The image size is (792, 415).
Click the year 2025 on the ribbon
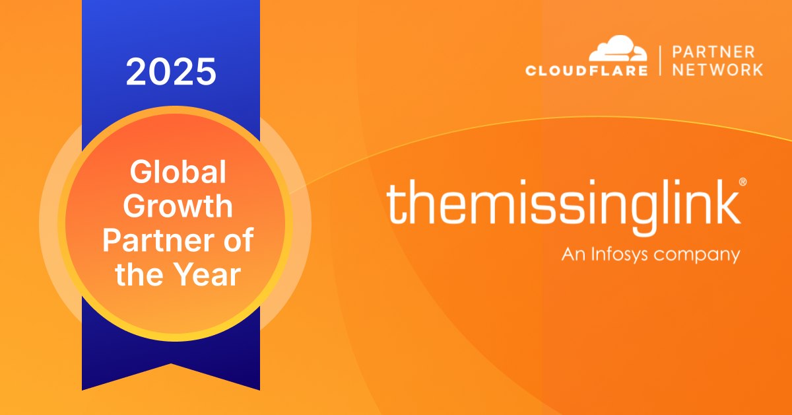coord(171,71)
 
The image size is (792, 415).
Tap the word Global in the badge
coord(178,172)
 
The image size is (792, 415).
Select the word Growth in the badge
coord(178,206)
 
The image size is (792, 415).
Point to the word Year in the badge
coord(208,274)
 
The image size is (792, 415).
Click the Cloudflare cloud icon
coord(618,48)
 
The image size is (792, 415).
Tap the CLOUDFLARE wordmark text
coord(587,70)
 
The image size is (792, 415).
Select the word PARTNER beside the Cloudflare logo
coord(713,52)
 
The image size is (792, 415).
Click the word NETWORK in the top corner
coord(717,70)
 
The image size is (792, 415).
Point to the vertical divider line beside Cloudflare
coord(660,61)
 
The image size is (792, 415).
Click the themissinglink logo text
coord(564,207)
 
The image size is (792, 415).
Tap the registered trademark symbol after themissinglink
coord(742,182)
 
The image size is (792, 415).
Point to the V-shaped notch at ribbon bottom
coord(171,363)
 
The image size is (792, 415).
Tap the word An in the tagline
coord(574,254)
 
